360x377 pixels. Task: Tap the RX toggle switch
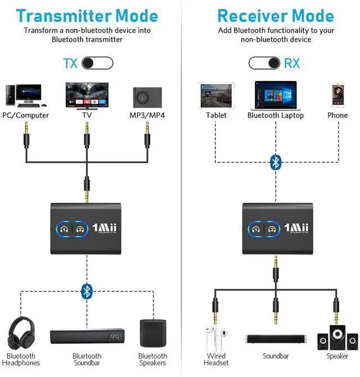(264, 62)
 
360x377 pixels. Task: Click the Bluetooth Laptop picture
(275, 95)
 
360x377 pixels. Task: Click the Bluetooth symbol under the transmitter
(86, 290)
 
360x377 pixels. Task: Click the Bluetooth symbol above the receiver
(276, 162)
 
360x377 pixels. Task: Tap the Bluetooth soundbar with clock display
(87, 337)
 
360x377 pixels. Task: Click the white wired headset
(216, 337)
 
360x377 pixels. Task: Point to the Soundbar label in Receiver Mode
(276, 356)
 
